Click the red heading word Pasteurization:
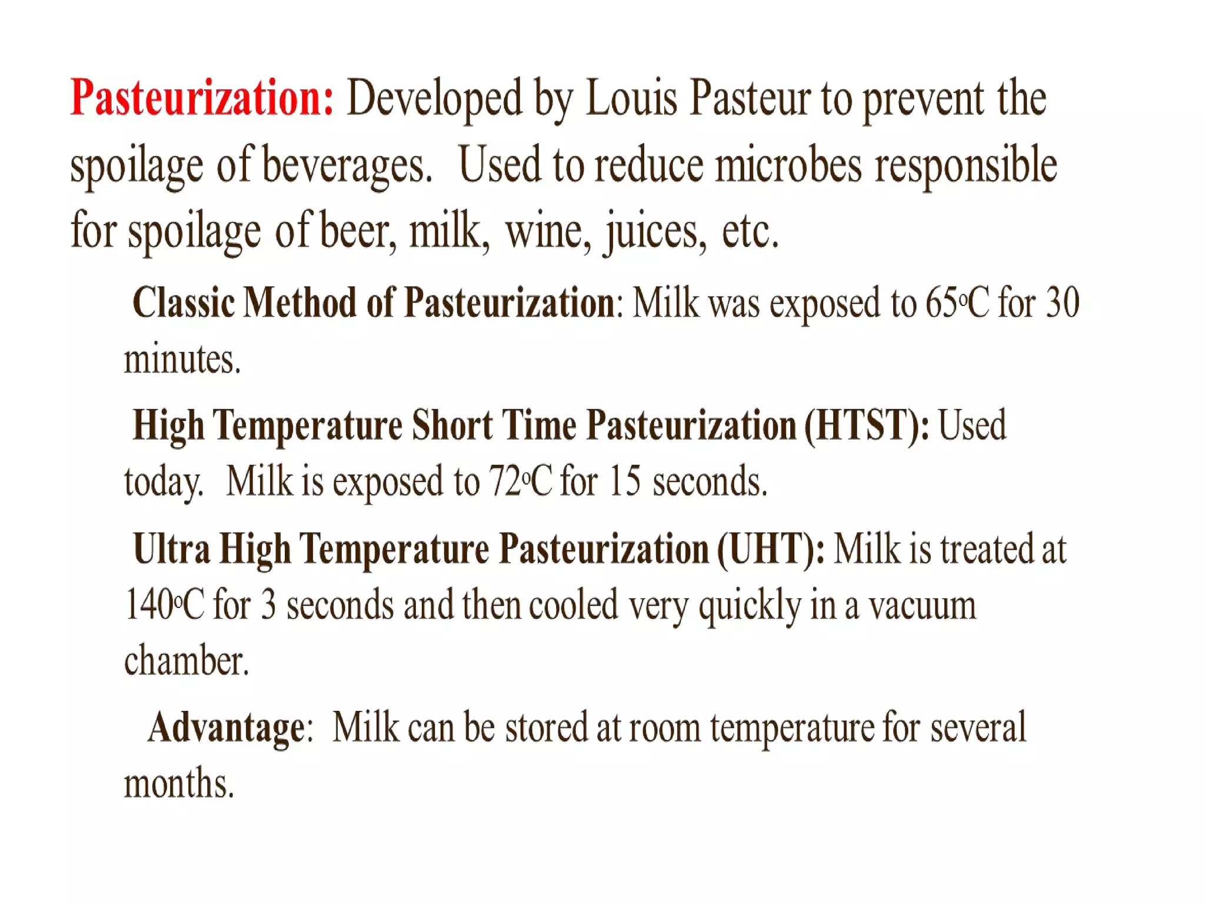202,98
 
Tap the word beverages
347,165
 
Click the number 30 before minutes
1062,303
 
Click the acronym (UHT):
771,549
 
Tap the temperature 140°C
164,605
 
